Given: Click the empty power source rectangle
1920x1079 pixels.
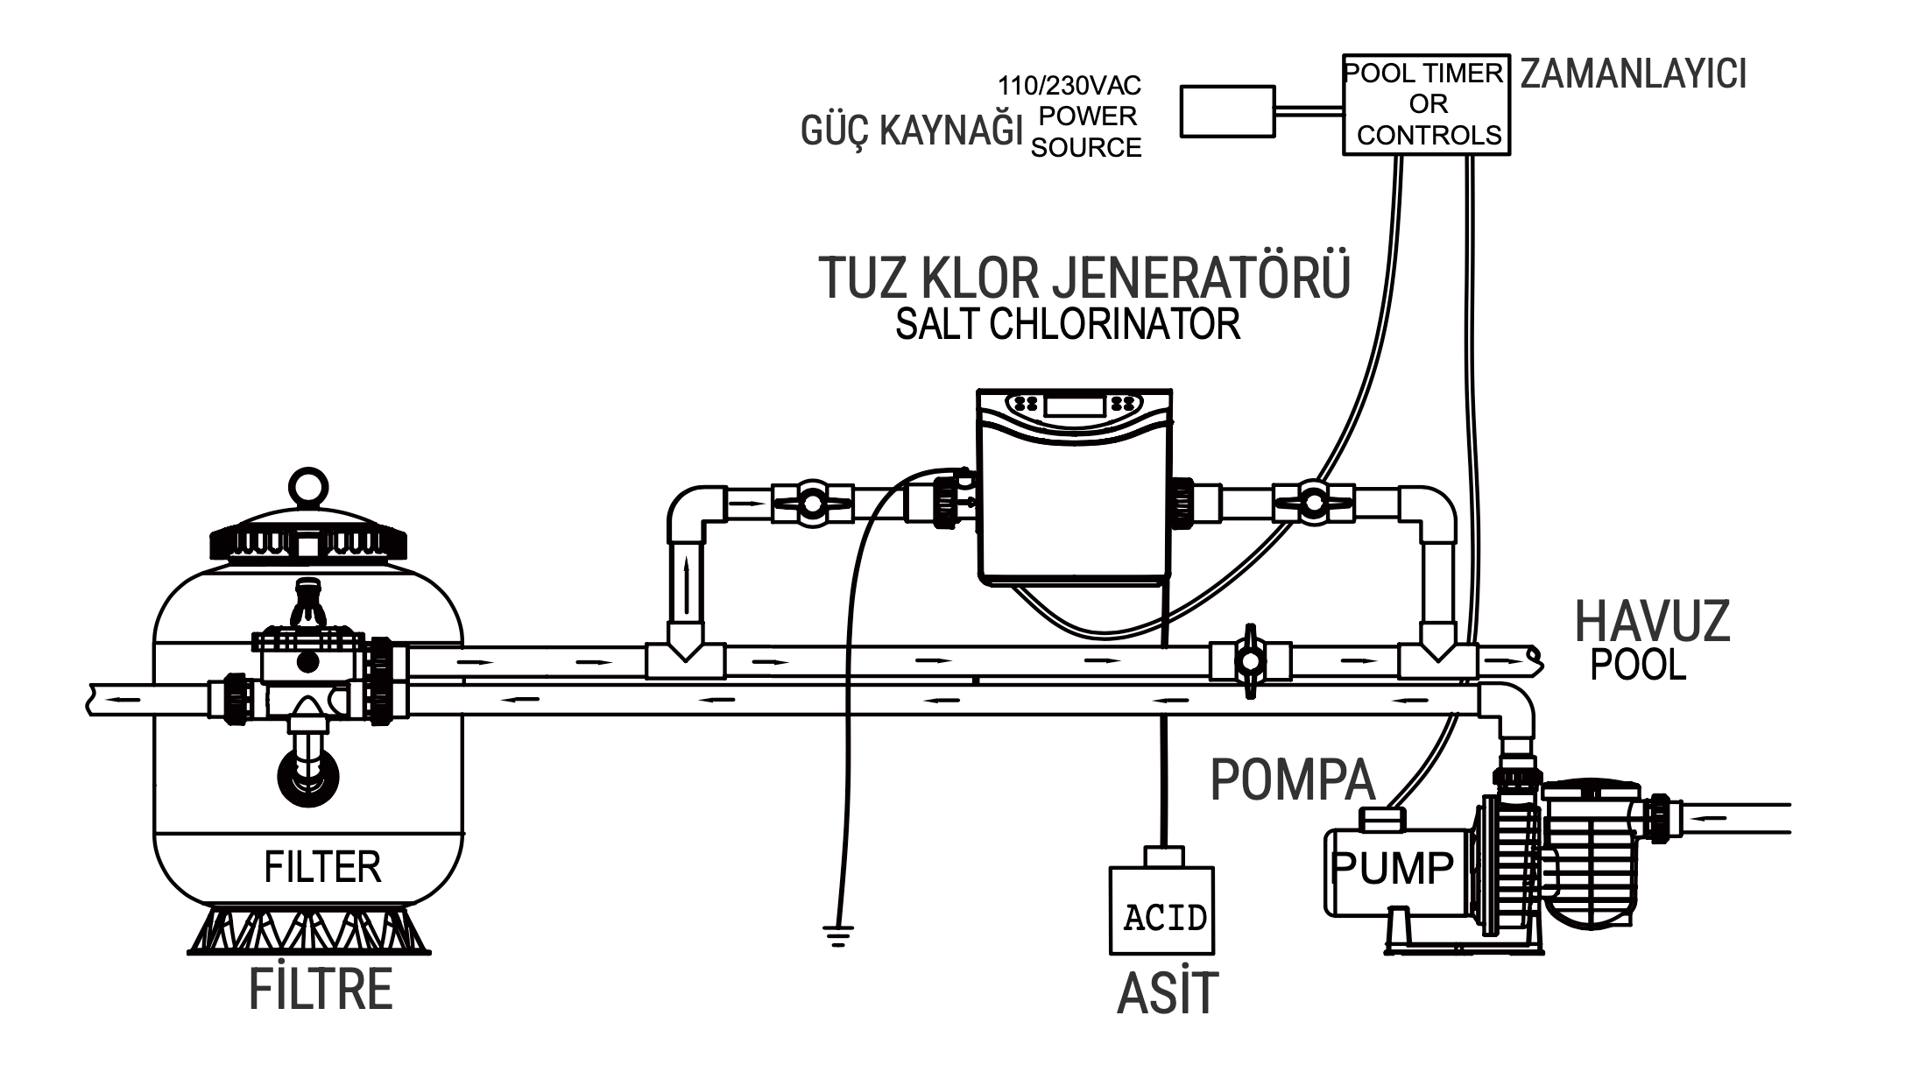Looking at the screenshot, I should [x=1227, y=111].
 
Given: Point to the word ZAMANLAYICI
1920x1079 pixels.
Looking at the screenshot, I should [x=1633, y=75].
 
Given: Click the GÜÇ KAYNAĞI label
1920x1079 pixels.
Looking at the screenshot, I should [x=912, y=131].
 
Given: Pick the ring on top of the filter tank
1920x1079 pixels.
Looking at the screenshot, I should [x=308, y=486].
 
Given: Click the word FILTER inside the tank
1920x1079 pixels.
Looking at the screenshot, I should [x=322, y=868].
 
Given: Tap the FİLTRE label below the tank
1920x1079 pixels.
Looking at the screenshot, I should [x=321, y=989].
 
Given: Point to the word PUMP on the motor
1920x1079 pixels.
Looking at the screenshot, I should [x=1392, y=869].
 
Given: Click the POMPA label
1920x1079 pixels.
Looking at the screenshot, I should [x=1292, y=779].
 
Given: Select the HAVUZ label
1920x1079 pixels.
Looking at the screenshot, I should [x=1652, y=621].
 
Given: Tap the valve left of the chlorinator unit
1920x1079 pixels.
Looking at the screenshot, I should [x=812, y=504].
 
